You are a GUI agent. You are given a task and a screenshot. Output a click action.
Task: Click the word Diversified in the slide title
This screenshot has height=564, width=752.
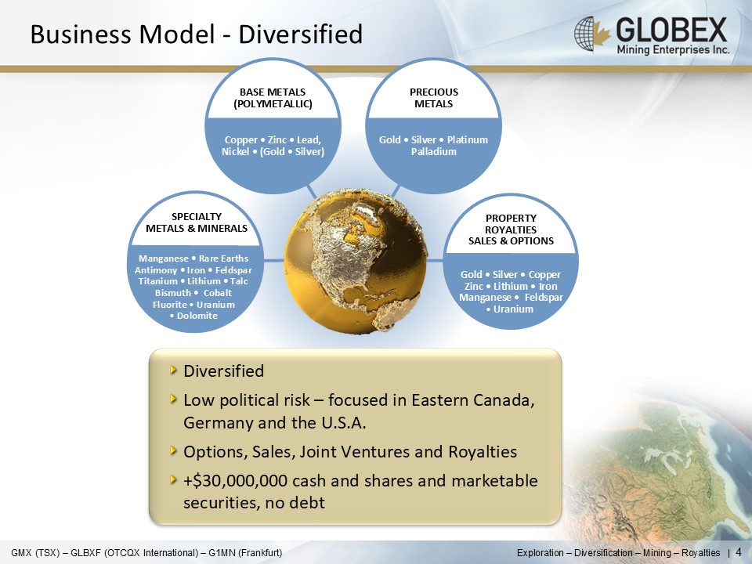pos(300,34)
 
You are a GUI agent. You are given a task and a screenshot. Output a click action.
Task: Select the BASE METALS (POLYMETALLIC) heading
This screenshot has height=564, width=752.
pos(273,98)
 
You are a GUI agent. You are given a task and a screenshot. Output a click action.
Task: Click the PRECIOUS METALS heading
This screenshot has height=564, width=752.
pos(433,98)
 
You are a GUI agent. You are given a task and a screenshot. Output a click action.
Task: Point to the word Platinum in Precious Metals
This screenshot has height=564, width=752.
pos(467,140)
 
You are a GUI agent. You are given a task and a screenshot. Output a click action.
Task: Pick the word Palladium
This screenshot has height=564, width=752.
pos(433,151)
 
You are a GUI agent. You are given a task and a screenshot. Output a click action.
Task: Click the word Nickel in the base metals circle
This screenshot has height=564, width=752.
pos(235,151)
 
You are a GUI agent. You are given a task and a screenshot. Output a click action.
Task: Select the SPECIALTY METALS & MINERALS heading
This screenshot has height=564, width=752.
pos(197,222)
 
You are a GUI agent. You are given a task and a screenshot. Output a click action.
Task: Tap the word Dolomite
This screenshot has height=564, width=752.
pos(197,316)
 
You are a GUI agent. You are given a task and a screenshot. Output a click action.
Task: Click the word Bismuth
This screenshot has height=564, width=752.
pos(173,292)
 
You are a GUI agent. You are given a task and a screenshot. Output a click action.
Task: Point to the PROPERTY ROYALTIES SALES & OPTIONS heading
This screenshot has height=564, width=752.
pos(511,230)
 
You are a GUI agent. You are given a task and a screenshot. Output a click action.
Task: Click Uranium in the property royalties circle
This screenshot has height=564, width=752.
pos(513,309)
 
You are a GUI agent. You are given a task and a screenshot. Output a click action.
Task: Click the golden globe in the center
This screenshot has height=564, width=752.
pos(356,260)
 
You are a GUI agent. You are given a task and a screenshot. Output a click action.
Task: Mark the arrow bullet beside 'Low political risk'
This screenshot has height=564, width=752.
pos(174,399)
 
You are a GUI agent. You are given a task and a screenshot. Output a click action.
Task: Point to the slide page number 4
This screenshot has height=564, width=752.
pos(739,552)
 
